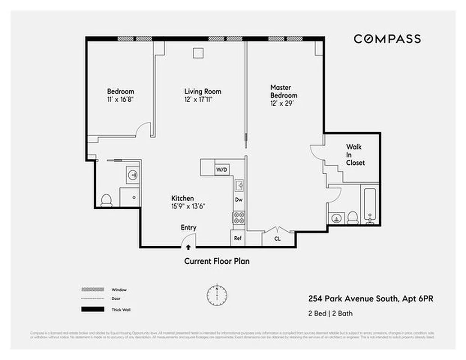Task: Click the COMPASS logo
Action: [387, 39]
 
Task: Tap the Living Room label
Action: [203, 91]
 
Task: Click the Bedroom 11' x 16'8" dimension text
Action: [120, 99]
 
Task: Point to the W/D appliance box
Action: [221, 170]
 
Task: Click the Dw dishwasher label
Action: [239, 199]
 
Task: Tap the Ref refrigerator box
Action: [238, 238]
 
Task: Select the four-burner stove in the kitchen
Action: [239, 218]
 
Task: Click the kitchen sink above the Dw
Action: [239, 184]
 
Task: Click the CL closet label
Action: [277, 239]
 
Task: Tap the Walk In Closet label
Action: [355, 155]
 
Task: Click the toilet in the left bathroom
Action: [107, 200]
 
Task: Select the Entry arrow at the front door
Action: [188, 247]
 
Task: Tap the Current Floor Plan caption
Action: [217, 261]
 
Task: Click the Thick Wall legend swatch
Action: [92, 310]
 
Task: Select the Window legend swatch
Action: [92, 289]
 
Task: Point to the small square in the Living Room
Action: [198, 53]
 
